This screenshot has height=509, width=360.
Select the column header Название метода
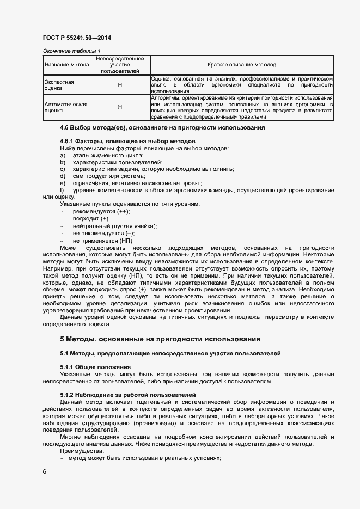point(66,65)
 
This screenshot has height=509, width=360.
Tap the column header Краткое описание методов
point(241,65)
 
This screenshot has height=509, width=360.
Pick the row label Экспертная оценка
point(59,84)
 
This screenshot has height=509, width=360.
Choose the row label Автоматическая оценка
point(65,107)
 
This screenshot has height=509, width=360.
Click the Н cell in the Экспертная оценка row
point(120,85)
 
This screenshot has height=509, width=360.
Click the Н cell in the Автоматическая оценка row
point(120,107)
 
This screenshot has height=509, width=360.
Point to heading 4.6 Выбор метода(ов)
point(162,127)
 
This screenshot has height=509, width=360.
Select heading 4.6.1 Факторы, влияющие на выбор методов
point(127,141)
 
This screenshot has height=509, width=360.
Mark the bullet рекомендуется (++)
point(101,211)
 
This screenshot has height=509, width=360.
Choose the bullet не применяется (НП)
point(103,241)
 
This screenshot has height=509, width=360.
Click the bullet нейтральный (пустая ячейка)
point(114,226)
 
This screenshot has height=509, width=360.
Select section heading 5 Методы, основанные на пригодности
point(160,339)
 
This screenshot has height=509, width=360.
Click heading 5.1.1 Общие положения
point(95,367)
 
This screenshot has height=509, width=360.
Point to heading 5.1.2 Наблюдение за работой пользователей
point(127,394)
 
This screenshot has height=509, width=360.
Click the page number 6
point(45,472)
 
